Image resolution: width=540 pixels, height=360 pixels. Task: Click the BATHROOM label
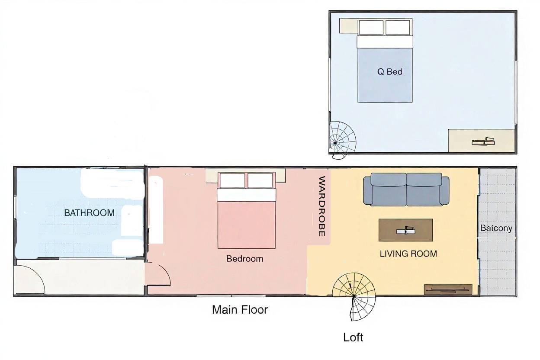pyautogui.click(x=89, y=213)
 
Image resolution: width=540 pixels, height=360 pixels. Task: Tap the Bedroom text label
pyautogui.click(x=245, y=259)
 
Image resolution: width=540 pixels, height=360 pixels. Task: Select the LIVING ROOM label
pyautogui.click(x=408, y=254)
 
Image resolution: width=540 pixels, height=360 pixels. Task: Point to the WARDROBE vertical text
pyautogui.click(x=322, y=206)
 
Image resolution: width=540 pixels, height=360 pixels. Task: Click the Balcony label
pyautogui.click(x=496, y=228)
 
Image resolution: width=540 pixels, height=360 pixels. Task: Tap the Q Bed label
pyautogui.click(x=390, y=72)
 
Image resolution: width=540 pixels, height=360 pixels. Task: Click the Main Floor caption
pyautogui.click(x=240, y=310)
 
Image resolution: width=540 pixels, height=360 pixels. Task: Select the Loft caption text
pyautogui.click(x=353, y=337)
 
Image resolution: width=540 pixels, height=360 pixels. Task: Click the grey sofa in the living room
pyautogui.click(x=406, y=190)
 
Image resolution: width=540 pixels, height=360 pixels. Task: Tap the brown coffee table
pyautogui.click(x=406, y=230)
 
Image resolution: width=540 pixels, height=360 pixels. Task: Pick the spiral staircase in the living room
pyautogui.click(x=354, y=296)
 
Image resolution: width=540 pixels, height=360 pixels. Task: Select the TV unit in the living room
pyautogui.click(x=448, y=289)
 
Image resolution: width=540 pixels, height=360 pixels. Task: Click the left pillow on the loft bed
pyautogui.click(x=371, y=28)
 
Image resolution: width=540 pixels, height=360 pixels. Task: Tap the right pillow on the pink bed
pyautogui.click(x=260, y=180)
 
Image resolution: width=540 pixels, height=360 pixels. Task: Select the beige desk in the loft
pyautogui.click(x=482, y=141)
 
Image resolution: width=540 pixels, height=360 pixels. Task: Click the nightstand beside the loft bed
pyautogui.click(x=349, y=26)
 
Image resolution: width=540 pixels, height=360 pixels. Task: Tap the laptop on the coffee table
pyautogui.click(x=406, y=230)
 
